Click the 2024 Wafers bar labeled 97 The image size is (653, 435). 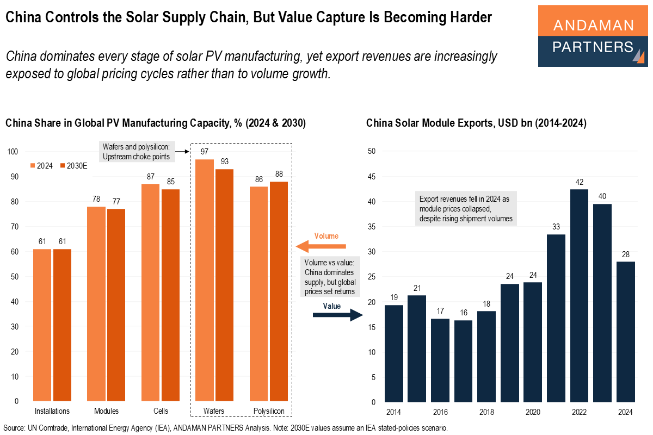[205, 280]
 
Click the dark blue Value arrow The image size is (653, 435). [338, 315]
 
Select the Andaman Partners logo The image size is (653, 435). [593, 36]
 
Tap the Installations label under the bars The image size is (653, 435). [52, 411]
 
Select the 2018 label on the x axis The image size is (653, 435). [486, 412]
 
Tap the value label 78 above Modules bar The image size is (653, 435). [96, 200]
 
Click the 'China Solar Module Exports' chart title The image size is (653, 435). [476, 123]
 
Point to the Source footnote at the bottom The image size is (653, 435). [225, 428]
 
